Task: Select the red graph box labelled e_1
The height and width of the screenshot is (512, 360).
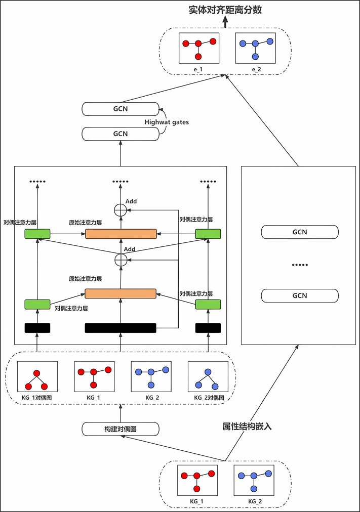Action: click(x=198, y=48)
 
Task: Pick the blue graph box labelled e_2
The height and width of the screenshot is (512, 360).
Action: click(x=255, y=48)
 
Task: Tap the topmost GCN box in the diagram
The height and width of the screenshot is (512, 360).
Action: click(x=121, y=108)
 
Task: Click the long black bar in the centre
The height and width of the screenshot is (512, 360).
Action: click(x=121, y=328)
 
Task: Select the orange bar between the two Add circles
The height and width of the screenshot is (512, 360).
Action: click(x=121, y=233)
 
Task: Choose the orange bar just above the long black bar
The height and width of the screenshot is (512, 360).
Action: click(x=121, y=293)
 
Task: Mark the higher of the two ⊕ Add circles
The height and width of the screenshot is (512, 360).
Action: click(x=121, y=210)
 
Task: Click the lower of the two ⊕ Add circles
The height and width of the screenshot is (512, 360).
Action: click(x=121, y=260)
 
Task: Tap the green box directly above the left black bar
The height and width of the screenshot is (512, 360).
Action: click(x=37, y=304)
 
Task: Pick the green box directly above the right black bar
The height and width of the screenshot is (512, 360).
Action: click(x=209, y=304)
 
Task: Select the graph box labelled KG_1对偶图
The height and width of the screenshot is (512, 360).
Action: click(x=37, y=377)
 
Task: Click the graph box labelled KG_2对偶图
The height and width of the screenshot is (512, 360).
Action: click(x=208, y=377)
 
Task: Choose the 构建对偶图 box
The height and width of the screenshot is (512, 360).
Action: click(x=121, y=429)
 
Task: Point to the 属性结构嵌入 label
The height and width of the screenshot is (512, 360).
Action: click(x=248, y=426)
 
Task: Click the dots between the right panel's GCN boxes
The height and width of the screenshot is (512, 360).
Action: click(x=300, y=265)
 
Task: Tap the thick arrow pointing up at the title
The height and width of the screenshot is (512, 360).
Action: click(x=225, y=19)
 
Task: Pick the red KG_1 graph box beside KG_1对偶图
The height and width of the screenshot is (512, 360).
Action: click(x=94, y=377)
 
